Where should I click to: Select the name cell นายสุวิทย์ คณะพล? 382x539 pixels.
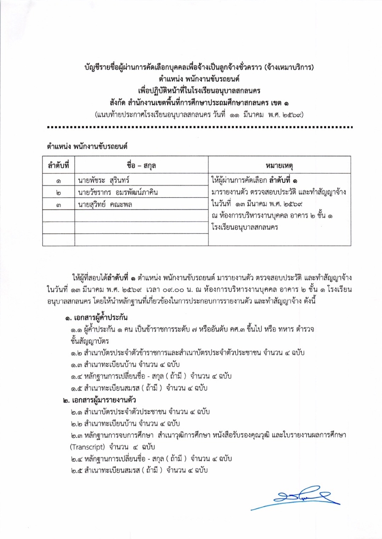pos(104,205)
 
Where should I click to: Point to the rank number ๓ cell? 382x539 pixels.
pos(58,205)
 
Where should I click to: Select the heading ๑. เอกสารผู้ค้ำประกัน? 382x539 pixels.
pos(95,318)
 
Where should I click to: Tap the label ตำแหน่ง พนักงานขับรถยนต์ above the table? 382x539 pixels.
pos(87,146)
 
